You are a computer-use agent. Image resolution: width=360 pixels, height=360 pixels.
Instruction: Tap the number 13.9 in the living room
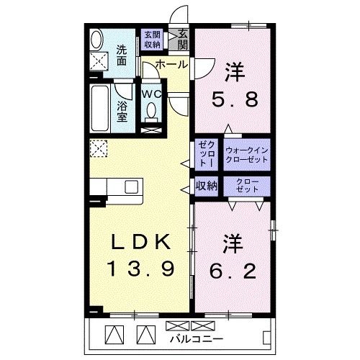140,270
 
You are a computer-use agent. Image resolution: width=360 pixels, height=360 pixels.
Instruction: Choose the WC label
151,94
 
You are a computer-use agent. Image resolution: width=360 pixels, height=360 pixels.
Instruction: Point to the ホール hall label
171,64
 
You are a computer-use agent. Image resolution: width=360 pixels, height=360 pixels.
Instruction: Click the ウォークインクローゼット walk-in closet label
247,153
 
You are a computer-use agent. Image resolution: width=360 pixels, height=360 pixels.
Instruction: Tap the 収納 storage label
207,186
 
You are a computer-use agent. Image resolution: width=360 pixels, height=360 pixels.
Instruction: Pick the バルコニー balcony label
197,338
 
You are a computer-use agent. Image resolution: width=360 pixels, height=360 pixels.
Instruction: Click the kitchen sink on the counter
130,186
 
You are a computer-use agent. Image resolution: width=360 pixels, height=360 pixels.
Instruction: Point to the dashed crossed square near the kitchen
98,149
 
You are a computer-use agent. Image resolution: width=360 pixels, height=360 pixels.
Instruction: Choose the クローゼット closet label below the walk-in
247,186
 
